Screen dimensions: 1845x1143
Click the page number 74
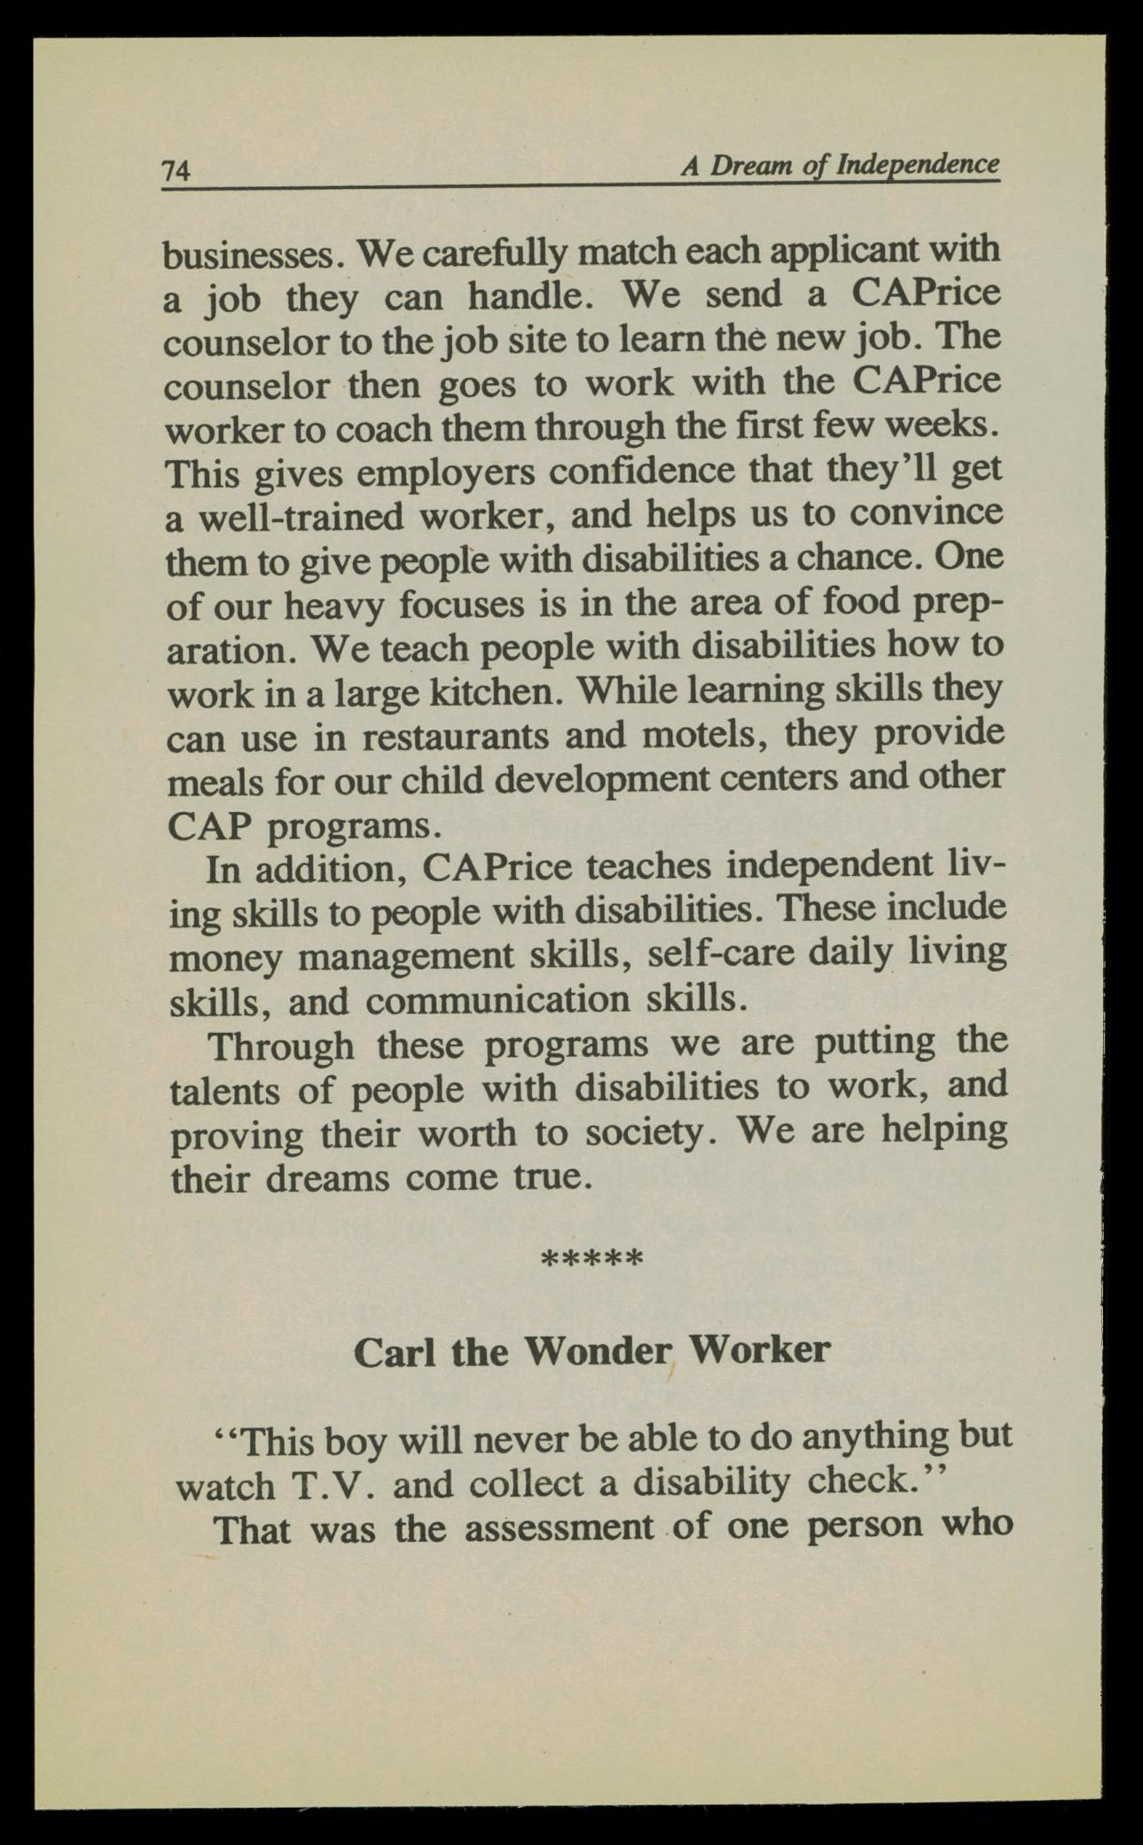(176, 168)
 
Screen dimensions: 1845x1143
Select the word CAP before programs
(209, 825)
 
